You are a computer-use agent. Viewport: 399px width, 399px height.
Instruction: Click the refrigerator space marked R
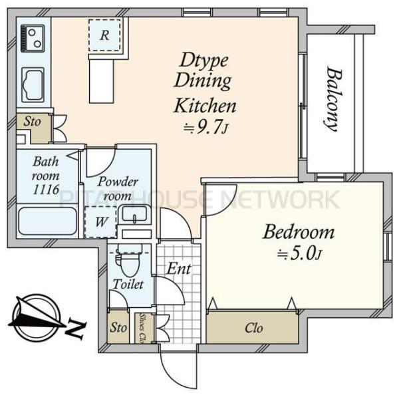point(104,35)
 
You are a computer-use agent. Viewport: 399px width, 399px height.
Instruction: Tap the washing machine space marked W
point(100,221)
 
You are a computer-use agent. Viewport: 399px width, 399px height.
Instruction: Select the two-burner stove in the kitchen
point(33,39)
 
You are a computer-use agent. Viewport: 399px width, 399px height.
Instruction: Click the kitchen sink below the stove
point(33,84)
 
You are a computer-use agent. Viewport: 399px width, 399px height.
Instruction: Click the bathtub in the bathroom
point(48,221)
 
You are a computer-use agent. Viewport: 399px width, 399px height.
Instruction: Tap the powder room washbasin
point(134,214)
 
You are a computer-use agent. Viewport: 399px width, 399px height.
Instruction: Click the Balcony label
point(334,98)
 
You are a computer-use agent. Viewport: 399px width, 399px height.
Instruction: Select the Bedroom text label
point(298,232)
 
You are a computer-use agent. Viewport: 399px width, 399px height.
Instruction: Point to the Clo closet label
point(254,328)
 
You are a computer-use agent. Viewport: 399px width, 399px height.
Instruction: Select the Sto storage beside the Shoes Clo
point(118,327)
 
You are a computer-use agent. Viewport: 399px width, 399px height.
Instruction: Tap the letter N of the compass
point(76,330)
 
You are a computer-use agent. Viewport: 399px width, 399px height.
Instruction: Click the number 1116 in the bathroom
point(46,190)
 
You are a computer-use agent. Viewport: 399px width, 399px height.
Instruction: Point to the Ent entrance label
point(179,269)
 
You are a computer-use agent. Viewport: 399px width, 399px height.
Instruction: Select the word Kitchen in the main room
point(205,106)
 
